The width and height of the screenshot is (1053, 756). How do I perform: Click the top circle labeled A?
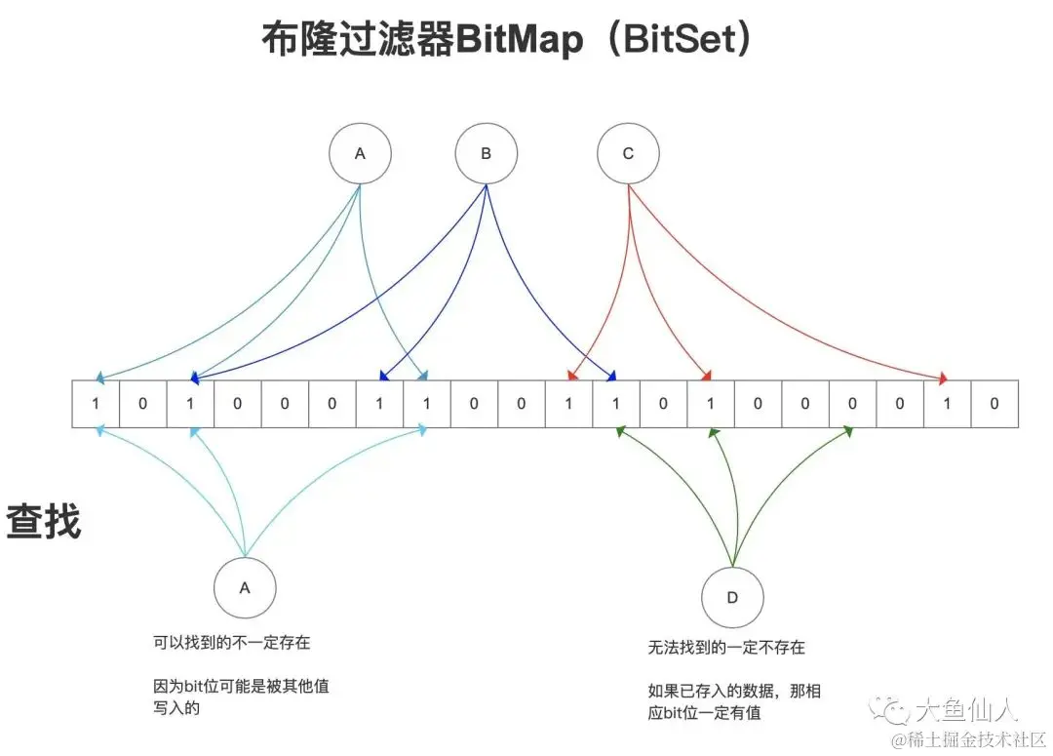360,153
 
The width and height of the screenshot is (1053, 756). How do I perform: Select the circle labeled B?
487,153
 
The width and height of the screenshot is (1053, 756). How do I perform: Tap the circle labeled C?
628,153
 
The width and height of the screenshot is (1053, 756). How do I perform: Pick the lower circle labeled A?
245,587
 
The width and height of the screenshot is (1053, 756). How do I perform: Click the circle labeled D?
732,596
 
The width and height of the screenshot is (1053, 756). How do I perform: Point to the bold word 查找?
44,522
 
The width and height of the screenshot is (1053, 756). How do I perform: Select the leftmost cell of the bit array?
96,404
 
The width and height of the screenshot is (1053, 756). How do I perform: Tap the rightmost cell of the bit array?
994,404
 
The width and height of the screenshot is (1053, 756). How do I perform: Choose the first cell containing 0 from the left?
143,404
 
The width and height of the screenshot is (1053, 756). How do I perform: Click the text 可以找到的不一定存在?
232,643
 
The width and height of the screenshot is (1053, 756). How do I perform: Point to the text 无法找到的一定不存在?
727,648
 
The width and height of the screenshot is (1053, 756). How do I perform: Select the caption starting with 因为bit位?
242,696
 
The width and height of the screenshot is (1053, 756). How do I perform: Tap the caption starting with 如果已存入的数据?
734,701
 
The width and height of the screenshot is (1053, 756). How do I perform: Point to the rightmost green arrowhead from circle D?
850,430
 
